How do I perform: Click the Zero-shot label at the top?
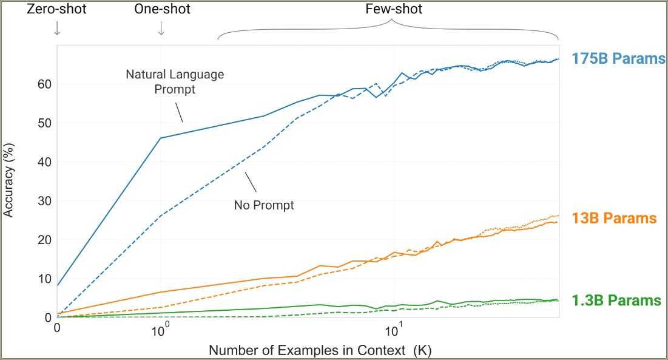(x=56, y=9)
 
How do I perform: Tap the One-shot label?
(x=162, y=9)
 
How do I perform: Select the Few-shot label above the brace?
(x=394, y=9)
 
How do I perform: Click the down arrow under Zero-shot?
(x=57, y=28)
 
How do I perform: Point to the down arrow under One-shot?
(x=161, y=28)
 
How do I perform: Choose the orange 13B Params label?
(x=614, y=219)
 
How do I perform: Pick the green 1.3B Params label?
(x=616, y=301)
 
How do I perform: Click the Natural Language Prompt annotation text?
(x=175, y=81)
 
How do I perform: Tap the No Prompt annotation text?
(x=264, y=205)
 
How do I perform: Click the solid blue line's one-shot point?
(x=161, y=138)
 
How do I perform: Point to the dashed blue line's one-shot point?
(x=161, y=215)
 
